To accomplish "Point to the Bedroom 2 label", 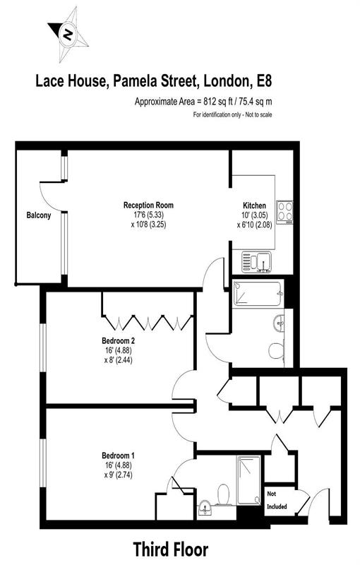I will click(119, 340).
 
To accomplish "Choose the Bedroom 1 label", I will click(119, 456).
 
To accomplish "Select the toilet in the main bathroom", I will click(277, 349).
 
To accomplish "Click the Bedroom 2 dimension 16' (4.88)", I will click(119, 350).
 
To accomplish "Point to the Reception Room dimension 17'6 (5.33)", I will click(148, 215).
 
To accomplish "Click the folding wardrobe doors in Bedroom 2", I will click(148, 321).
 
